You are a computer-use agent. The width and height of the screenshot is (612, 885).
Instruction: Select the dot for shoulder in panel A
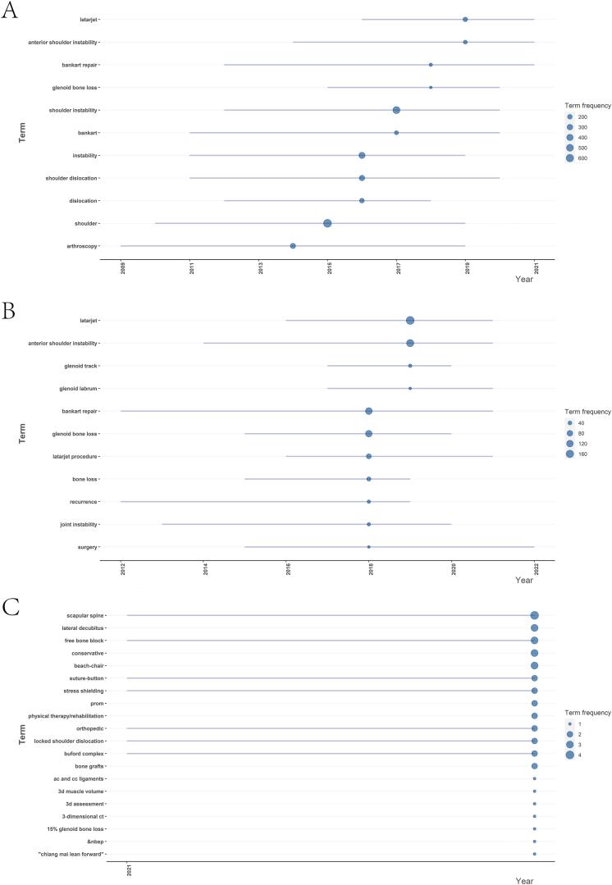click(x=327, y=223)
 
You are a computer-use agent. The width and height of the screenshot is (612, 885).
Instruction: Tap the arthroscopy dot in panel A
click(x=293, y=246)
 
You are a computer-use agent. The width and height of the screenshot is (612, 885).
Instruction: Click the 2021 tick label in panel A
click(x=537, y=268)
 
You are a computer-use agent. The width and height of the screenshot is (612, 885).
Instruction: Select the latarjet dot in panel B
click(x=410, y=321)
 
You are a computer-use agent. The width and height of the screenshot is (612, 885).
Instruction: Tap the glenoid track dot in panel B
click(x=410, y=366)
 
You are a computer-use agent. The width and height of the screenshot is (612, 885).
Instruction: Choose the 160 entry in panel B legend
click(x=569, y=454)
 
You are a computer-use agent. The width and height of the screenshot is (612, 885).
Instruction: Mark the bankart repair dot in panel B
click(x=369, y=411)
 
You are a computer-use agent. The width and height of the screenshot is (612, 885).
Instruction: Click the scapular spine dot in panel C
click(x=534, y=616)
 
